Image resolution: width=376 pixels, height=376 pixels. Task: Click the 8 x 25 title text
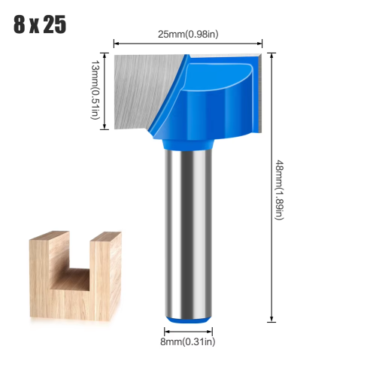click(x=40, y=24)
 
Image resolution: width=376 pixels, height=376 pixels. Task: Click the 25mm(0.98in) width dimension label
click(x=188, y=34)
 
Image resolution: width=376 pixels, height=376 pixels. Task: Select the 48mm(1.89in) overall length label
click(x=280, y=190)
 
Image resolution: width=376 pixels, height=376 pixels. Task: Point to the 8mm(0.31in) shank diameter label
click(x=188, y=341)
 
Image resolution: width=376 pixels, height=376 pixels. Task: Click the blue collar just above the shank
click(x=188, y=144)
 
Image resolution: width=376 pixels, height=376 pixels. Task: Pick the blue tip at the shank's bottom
click(x=188, y=320)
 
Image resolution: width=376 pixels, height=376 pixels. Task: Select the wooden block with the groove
click(x=75, y=276)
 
